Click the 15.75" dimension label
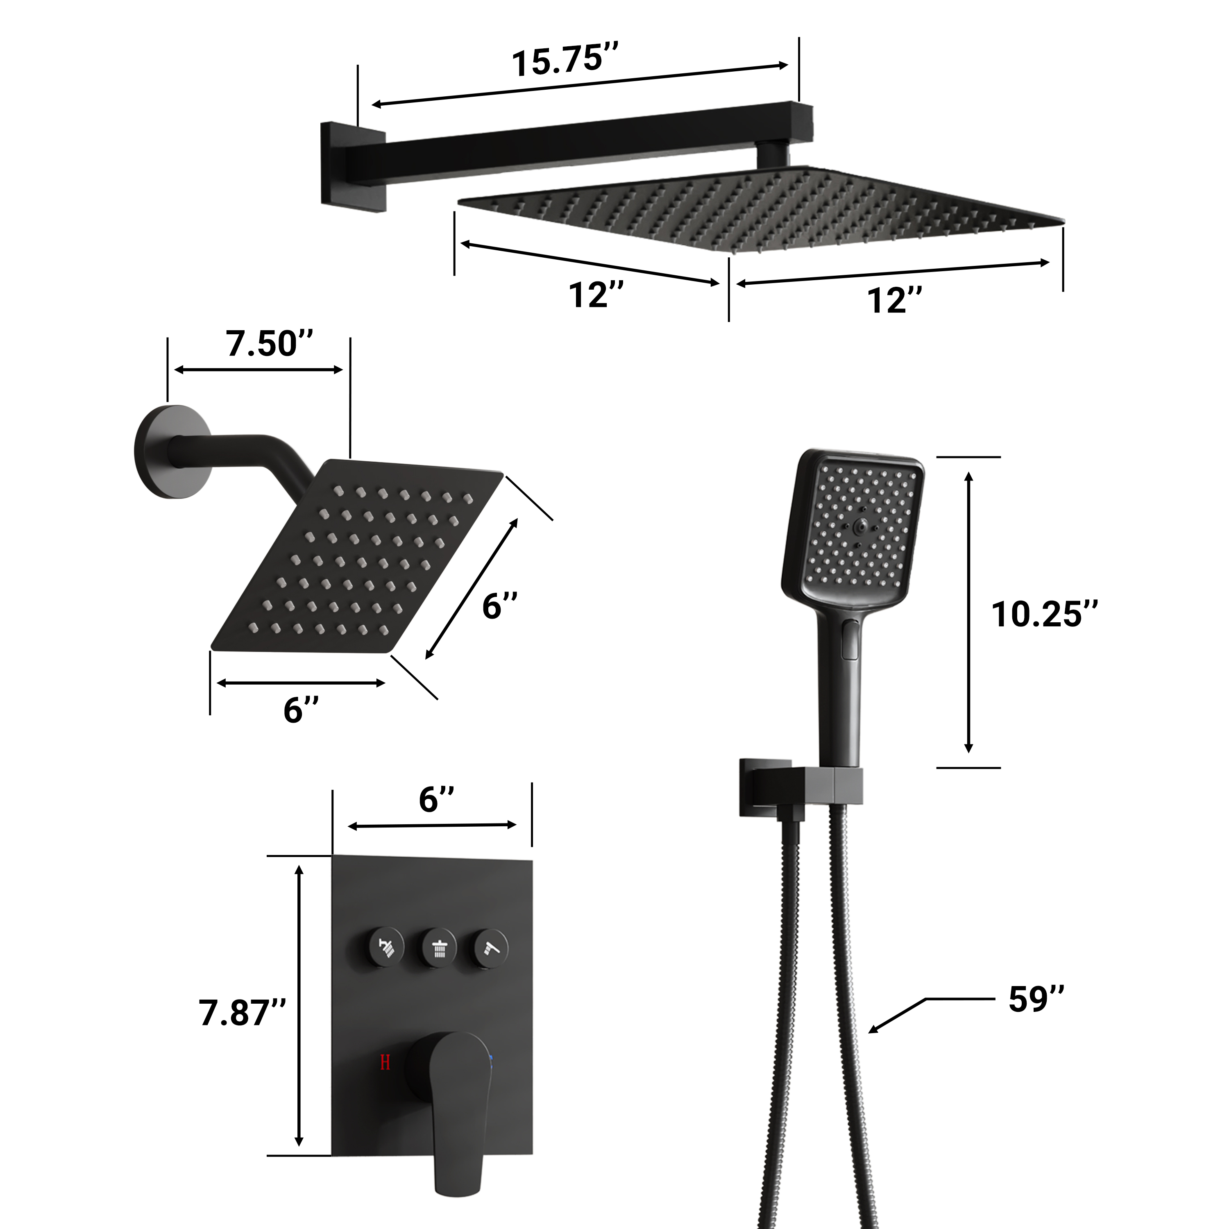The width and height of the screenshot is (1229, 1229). pyautogui.click(x=565, y=61)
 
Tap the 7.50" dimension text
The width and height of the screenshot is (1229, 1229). pyautogui.click(x=270, y=344)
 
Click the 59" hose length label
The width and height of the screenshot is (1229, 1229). pyautogui.click(x=1036, y=999)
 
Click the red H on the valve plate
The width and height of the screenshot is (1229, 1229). pyautogui.click(x=385, y=1062)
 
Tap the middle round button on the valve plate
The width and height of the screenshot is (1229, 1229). pyautogui.click(x=439, y=949)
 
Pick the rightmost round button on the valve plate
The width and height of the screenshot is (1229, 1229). pyautogui.click(x=491, y=949)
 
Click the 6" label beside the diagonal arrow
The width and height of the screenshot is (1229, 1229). pyautogui.click(x=499, y=605)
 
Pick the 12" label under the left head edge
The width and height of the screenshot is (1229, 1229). pyautogui.click(x=596, y=295)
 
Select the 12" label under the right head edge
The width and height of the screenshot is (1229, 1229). pyautogui.click(x=894, y=300)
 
